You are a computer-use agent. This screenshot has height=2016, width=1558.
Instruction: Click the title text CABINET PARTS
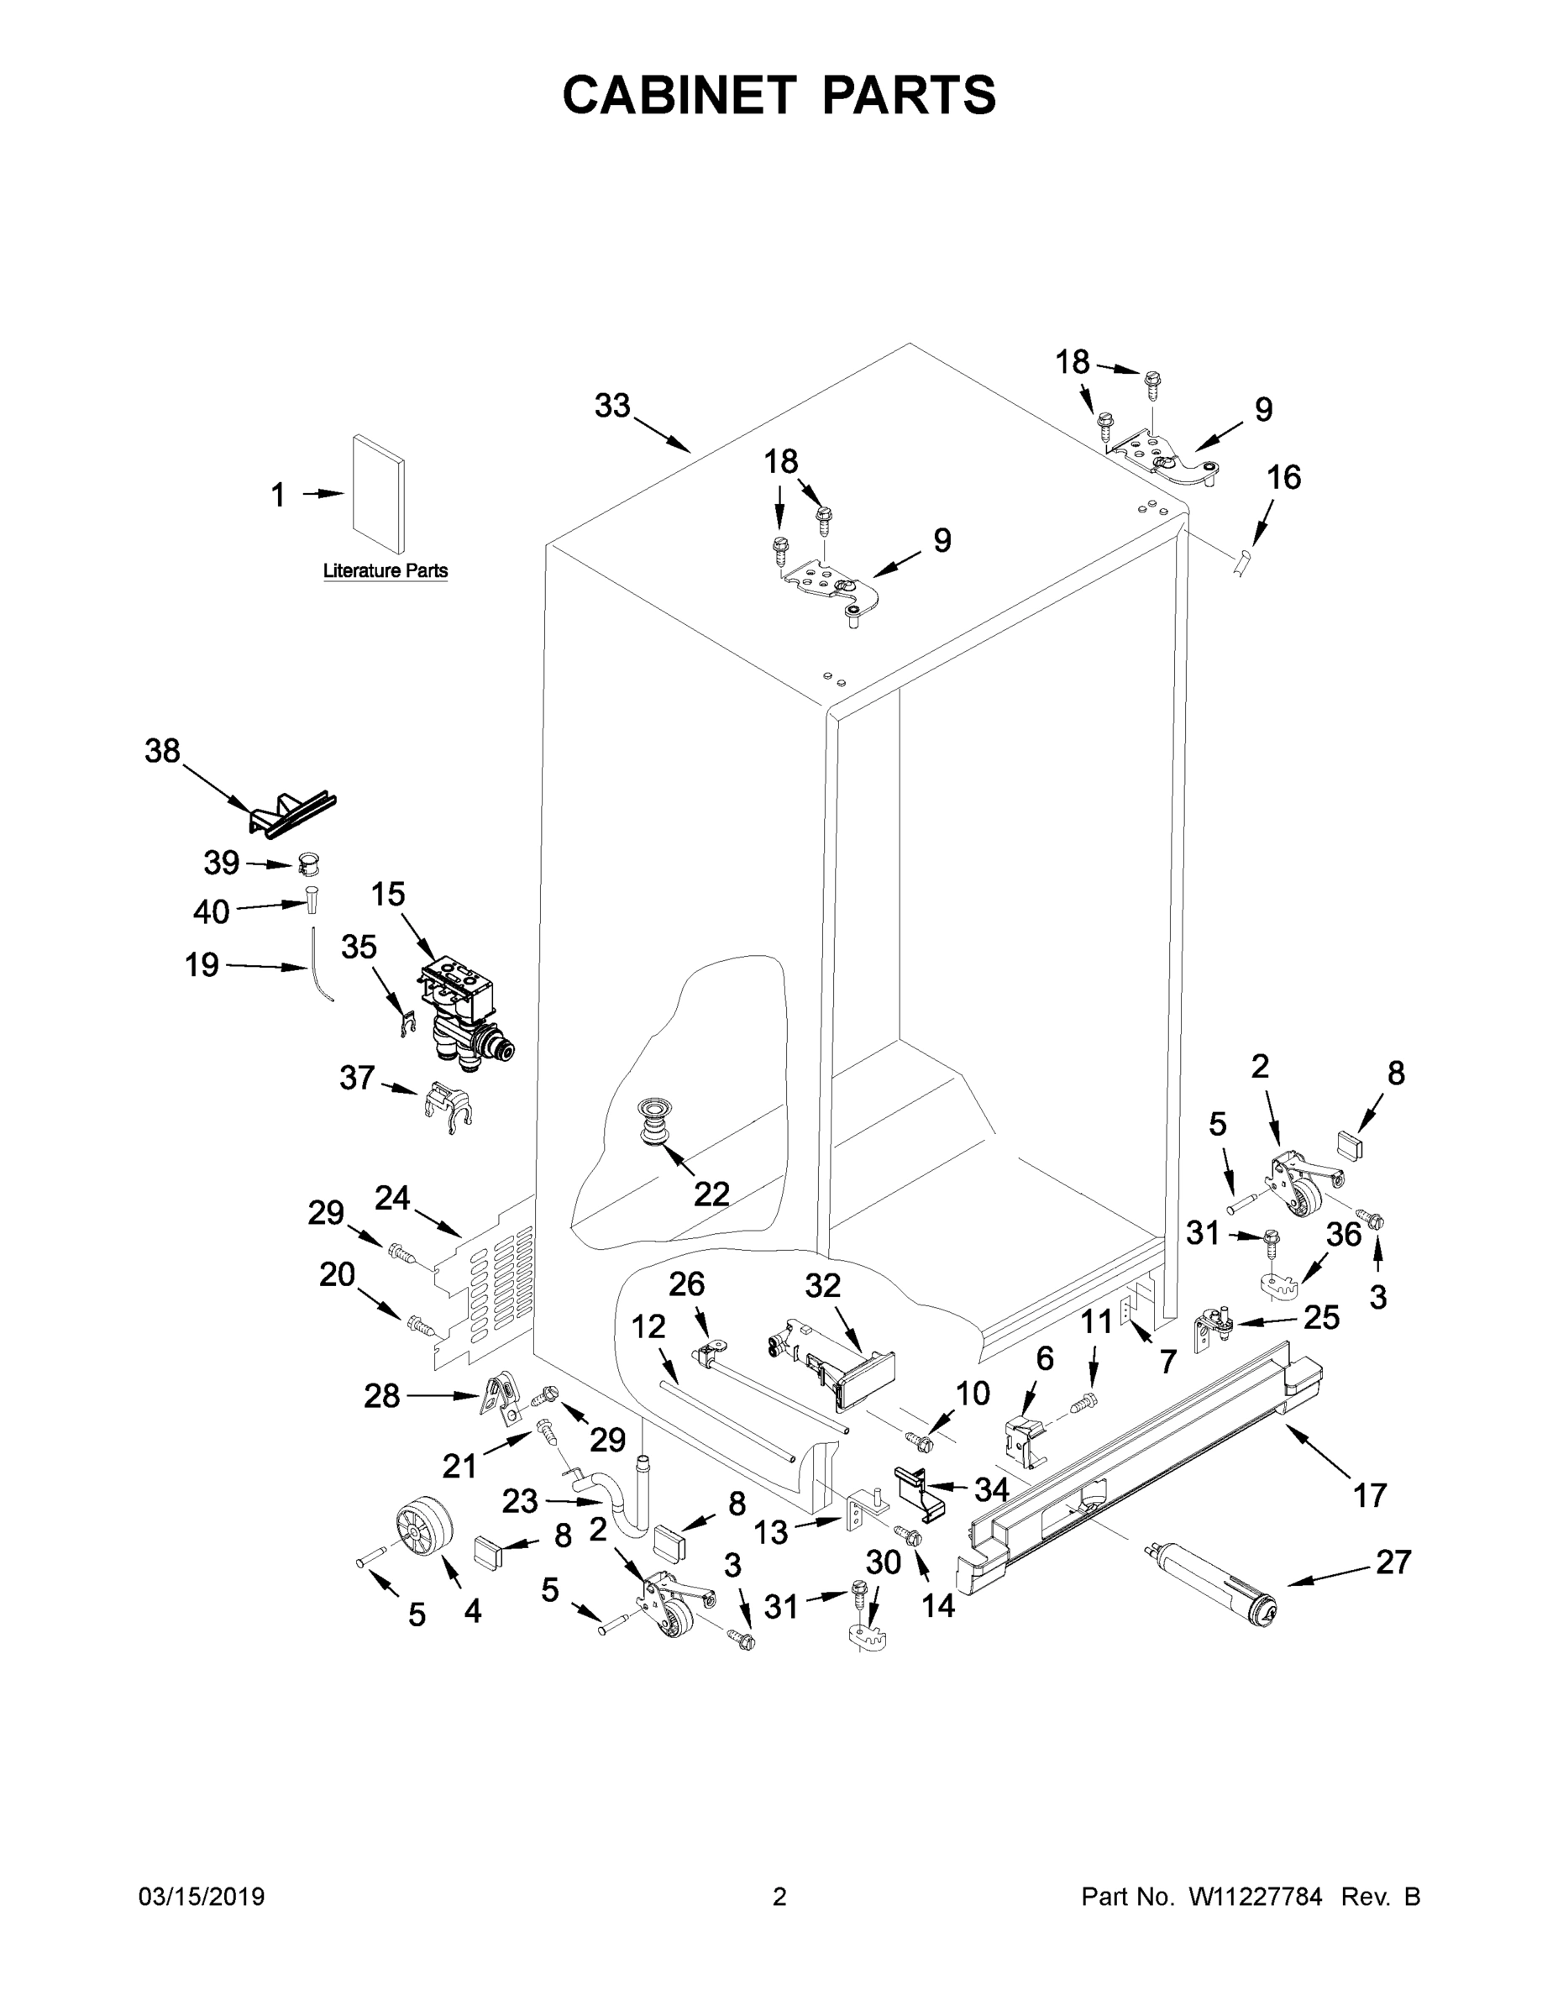tap(779, 96)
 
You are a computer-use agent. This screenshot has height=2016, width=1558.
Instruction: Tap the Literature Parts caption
tap(385, 570)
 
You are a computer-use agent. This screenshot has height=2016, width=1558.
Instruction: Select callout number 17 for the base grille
tap(1370, 1494)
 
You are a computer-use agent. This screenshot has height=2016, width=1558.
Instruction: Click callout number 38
tap(162, 752)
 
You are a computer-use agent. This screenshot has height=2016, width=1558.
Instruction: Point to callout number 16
tap(1283, 477)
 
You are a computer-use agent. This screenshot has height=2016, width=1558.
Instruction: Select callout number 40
tap(211, 912)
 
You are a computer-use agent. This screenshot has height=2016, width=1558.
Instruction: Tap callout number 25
tap(1321, 1317)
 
